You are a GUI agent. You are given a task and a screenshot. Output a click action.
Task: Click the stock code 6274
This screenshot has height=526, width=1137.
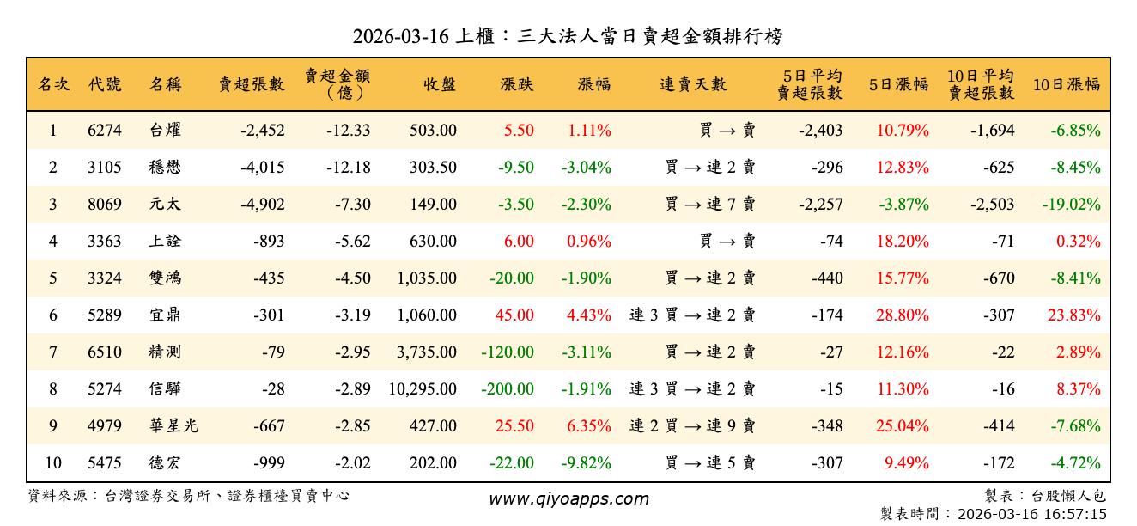[x=105, y=131]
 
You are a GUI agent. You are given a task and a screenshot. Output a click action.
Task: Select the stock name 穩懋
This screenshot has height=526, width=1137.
[x=165, y=168]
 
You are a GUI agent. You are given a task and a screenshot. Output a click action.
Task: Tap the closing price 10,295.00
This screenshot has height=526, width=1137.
[x=423, y=389]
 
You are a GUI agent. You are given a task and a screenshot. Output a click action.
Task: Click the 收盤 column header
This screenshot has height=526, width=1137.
[x=440, y=84]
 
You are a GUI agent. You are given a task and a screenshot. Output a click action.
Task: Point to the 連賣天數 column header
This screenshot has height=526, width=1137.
[x=692, y=84]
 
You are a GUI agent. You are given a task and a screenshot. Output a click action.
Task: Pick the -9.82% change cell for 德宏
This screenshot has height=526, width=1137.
[x=586, y=463]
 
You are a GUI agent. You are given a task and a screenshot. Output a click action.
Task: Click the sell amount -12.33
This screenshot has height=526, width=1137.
[x=348, y=131]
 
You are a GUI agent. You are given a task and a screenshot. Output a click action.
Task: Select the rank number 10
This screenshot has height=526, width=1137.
[x=52, y=463]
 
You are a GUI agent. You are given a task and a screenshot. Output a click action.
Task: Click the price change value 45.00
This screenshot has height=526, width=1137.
[x=514, y=315]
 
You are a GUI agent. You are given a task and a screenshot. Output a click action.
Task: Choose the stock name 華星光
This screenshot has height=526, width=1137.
[x=173, y=426]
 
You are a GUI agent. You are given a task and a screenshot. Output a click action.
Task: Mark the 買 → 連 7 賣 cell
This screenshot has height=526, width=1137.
[x=710, y=205]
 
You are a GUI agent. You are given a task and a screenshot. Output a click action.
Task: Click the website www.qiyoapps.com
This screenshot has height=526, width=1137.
[x=568, y=498]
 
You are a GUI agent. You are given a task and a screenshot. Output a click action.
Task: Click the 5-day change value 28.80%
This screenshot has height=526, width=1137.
[x=903, y=315]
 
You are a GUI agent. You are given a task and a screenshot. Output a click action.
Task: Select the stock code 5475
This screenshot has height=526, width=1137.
[x=105, y=463]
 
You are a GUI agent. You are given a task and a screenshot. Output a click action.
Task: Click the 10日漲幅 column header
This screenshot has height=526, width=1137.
[x=1067, y=84]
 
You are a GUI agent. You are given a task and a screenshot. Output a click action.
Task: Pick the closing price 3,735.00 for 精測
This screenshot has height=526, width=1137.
[x=427, y=352]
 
